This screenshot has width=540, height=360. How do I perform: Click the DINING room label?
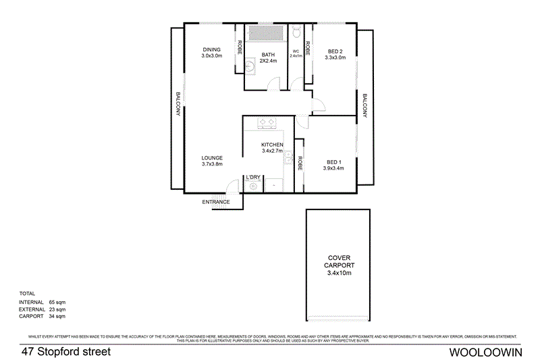(211, 50)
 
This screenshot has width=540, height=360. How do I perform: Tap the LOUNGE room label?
(211, 157)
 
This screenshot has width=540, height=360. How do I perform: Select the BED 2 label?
(335, 51)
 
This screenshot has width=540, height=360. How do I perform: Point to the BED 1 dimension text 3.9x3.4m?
(333, 168)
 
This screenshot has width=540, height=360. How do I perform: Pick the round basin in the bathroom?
(250, 66)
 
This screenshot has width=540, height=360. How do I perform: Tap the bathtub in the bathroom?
(265, 33)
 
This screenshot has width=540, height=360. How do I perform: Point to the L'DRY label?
(253, 178)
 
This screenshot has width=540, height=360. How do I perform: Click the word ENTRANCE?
(216, 202)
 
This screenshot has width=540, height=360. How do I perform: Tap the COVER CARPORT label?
(339, 261)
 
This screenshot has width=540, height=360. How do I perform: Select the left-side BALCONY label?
(178, 105)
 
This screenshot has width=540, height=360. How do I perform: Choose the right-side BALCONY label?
(364, 105)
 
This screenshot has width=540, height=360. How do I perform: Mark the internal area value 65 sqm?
(57, 302)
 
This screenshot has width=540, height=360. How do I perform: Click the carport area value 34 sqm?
(57, 315)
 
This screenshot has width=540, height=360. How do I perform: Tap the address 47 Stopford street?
(65, 352)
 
